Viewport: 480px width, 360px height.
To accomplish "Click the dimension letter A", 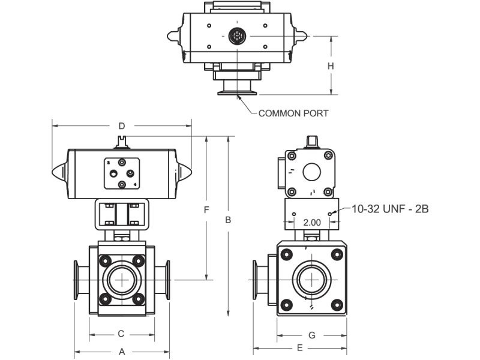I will pos(122,351).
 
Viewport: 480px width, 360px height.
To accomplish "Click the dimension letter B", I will pos(228,220).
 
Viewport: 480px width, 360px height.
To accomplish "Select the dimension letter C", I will pos(121,334).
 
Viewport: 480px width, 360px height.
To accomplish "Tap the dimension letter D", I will pos(122,126).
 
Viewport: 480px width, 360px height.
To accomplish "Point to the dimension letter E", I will pos(300,347).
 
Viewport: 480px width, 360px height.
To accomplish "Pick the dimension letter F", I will pos(206,210).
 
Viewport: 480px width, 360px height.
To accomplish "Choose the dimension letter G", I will pos(311,335).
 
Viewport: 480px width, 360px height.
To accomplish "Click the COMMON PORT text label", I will pos(293,113).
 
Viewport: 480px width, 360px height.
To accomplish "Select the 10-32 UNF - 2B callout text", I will pos(390,209).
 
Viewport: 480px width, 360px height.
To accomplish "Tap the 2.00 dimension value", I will pos(312,222).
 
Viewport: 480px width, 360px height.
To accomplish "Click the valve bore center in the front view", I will pos(122,280).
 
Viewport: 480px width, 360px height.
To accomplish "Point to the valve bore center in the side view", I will pos(311,280).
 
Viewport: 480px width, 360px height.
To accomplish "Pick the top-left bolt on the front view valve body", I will pos(106,260).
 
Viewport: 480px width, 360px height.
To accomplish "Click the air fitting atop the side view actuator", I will pos(311,142).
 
